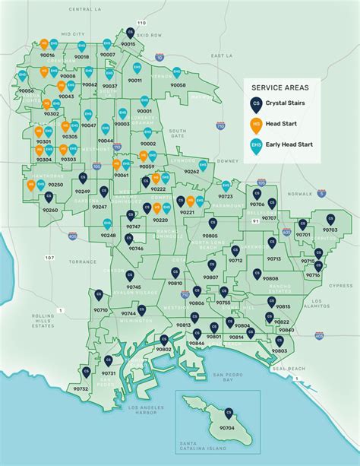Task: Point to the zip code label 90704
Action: coord(226,428)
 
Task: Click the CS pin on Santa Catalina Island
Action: coord(226,413)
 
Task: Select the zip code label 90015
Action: coord(128,45)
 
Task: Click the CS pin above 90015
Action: coord(129,33)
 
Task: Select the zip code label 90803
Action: coord(279,350)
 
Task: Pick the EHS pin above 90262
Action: coord(203,164)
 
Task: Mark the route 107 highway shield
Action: coord(49,258)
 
